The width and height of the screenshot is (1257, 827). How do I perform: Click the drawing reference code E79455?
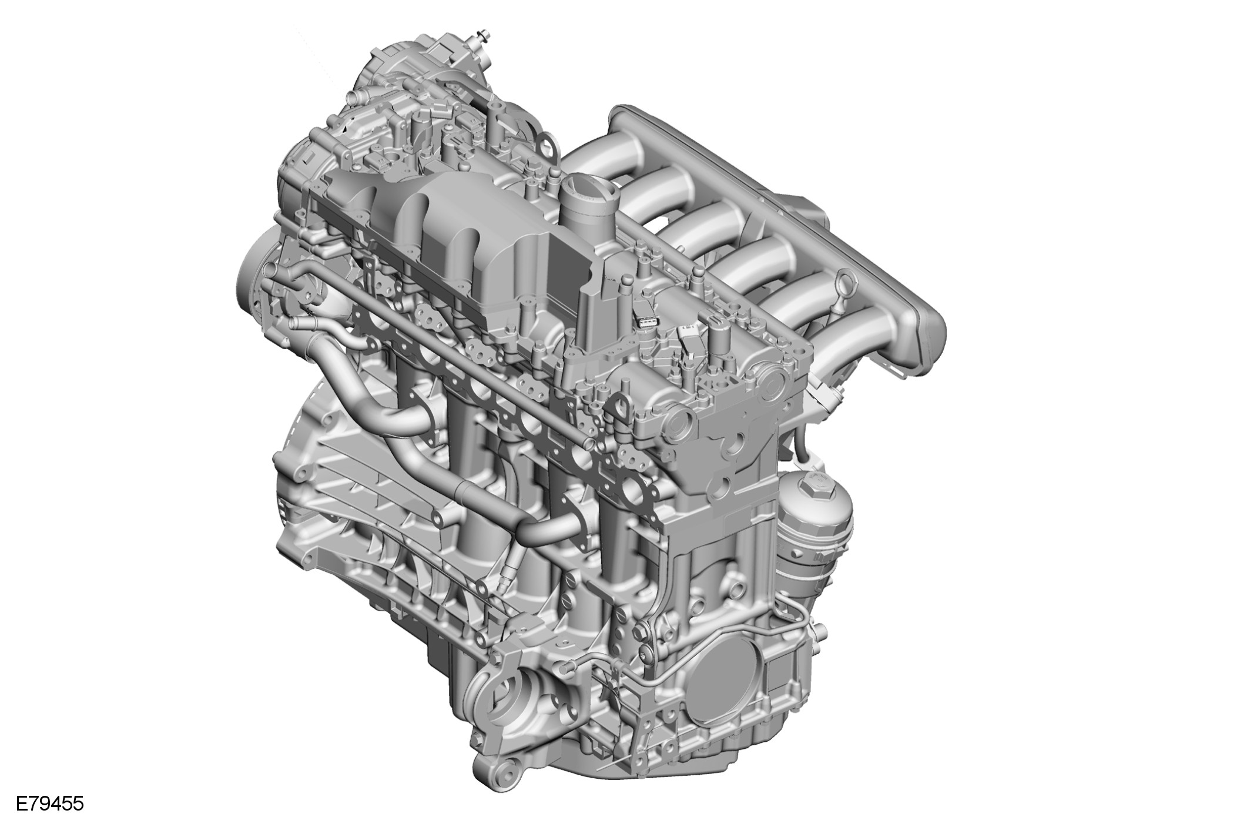50,803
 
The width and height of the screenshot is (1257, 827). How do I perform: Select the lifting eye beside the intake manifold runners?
844,288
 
